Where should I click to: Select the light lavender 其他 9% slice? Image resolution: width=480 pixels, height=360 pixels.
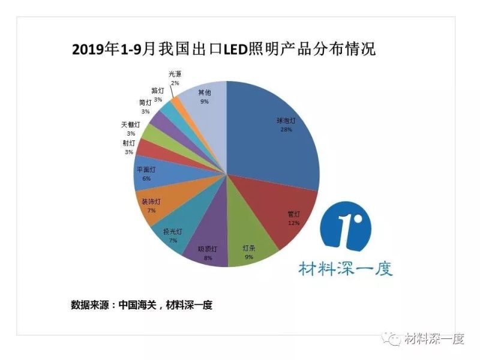(207, 102)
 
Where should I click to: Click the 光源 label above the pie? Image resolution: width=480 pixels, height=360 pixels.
(174, 74)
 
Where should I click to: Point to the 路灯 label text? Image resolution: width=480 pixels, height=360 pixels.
(158, 91)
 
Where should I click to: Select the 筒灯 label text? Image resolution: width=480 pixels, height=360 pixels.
(145, 103)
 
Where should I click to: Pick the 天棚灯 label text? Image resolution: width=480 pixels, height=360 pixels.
(130, 125)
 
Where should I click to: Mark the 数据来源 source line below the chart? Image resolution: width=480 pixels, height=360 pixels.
(142, 305)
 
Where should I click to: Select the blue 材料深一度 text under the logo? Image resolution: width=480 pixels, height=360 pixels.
(346, 268)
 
